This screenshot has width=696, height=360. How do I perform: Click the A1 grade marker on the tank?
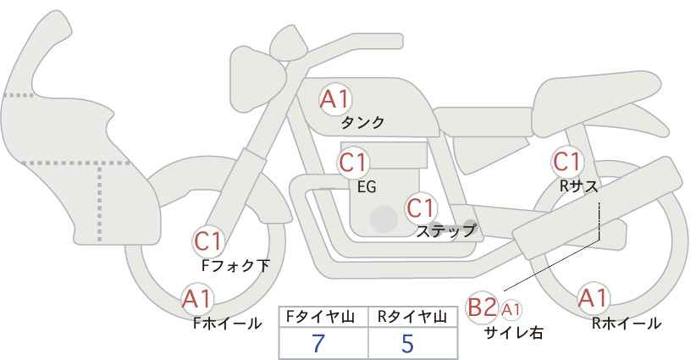pyautogui.click(x=335, y=99)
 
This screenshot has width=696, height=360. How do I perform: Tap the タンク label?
pyautogui.click(x=362, y=123)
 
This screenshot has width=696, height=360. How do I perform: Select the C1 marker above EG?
pyautogui.click(x=353, y=163)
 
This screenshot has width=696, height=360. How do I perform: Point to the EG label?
pyautogui.click(x=367, y=187)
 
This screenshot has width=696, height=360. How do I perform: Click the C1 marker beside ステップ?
pyautogui.click(x=422, y=208)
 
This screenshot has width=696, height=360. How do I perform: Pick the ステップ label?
pyautogui.click(x=446, y=231)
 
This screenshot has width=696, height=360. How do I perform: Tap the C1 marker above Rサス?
pyautogui.click(x=566, y=162)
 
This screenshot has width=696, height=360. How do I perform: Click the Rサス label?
pyautogui.click(x=579, y=187)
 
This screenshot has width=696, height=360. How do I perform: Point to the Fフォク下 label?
pyautogui.click(x=235, y=265)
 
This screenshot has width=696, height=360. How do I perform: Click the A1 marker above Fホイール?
pyautogui.click(x=198, y=299)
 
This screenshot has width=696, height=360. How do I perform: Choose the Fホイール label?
pyautogui.click(x=227, y=324)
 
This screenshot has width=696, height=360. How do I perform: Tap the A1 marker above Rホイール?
pyautogui.click(x=593, y=298)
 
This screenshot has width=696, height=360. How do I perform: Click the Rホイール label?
pyautogui.click(x=627, y=324)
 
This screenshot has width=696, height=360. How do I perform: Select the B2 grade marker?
pyautogui.click(x=482, y=307)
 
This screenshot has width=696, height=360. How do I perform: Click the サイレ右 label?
pyautogui.click(x=514, y=333)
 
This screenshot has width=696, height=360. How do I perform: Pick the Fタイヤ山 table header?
pyautogui.click(x=320, y=318)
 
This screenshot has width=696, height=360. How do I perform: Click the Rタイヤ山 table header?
pyautogui.click(x=412, y=318)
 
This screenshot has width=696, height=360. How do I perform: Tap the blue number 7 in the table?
pyautogui.click(x=318, y=343)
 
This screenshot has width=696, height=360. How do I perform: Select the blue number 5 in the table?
pyautogui.click(x=407, y=343)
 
